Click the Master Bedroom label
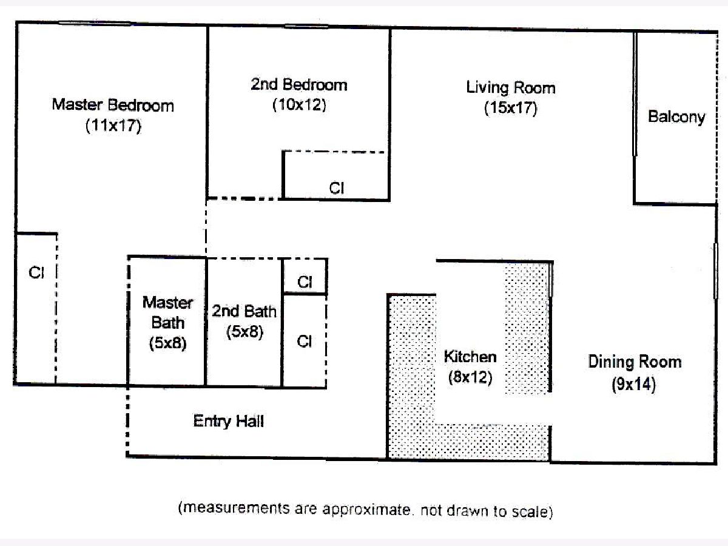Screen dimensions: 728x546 113,105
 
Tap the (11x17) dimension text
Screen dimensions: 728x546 113,126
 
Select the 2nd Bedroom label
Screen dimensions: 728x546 299,84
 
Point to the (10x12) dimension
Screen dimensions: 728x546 299,105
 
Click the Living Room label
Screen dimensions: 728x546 511,88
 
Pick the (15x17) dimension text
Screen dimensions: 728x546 511,108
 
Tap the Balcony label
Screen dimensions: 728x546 676,117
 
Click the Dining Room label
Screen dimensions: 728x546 635,362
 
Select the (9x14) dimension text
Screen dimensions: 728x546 634,384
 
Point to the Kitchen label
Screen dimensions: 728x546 470,357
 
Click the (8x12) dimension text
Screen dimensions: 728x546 470,377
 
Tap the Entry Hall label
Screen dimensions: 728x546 229,422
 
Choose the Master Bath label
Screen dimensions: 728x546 168,312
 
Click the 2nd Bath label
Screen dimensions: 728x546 244,311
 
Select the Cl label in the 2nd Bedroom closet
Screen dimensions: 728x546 337,188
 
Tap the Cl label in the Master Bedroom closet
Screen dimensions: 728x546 36,272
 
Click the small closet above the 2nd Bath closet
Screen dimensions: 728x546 305,277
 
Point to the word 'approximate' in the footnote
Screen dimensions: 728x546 366,510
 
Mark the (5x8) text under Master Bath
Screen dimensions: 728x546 168,343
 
